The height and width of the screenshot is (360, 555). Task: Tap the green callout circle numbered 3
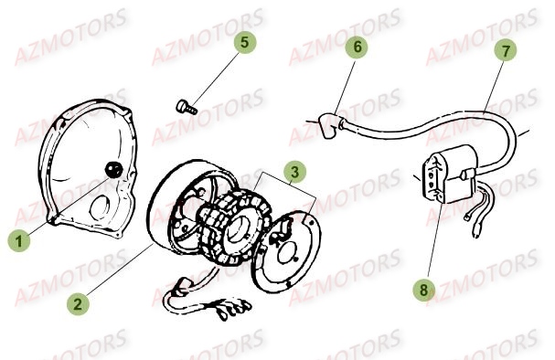click(x=294, y=170)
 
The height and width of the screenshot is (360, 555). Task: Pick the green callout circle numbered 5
click(x=244, y=42)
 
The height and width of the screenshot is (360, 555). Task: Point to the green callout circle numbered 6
click(x=358, y=47)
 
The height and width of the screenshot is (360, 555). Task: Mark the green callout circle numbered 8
click(x=423, y=291)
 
